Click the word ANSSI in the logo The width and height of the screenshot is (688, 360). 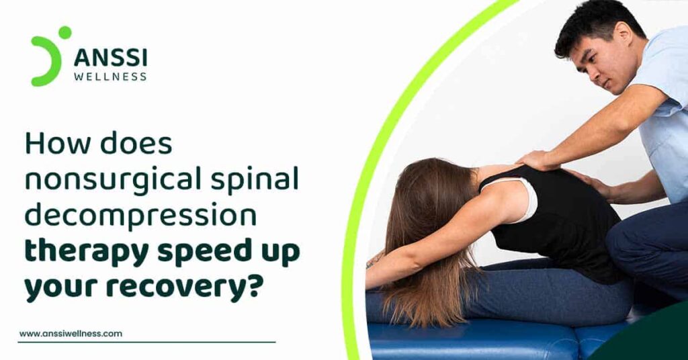pos(111,58)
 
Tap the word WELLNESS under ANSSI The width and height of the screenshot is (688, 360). pos(111,77)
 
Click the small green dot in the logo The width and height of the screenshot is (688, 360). pos(65,32)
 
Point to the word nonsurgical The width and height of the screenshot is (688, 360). pos(113,180)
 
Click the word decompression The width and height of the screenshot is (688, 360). pos(140,216)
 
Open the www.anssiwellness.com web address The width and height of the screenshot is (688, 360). pos(71,334)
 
